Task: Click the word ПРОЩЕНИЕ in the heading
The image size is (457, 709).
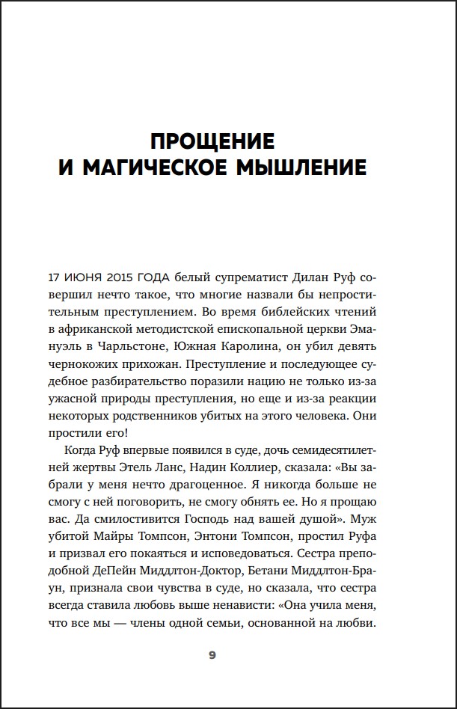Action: pyautogui.click(x=212, y=141)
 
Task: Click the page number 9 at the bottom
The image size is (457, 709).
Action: pyautogui.click(x=212, y=656)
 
